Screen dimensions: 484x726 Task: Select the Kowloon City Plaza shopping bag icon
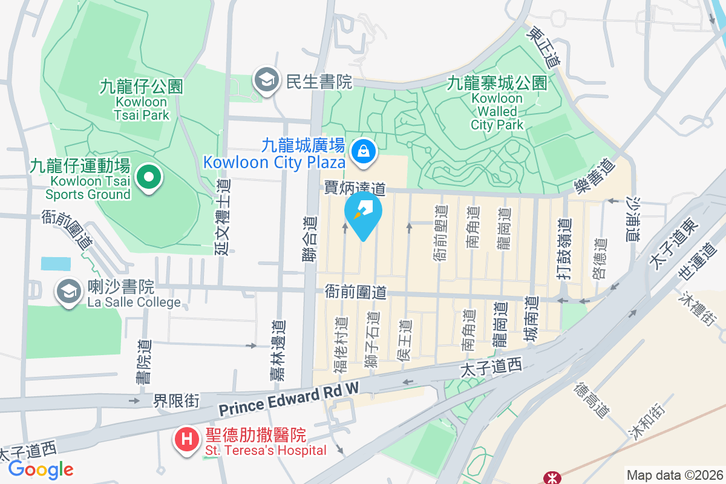[365, 151]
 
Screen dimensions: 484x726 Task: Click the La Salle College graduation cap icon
[68, 292]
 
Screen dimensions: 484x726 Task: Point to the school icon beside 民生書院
[265, 80]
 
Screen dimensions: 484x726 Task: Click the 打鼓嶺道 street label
[564, 249]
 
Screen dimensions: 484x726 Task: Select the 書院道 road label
[144, 361]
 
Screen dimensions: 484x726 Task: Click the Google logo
[41, 469]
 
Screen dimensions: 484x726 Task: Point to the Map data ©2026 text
[674, 475]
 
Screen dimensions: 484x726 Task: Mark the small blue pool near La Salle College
[56, 263]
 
